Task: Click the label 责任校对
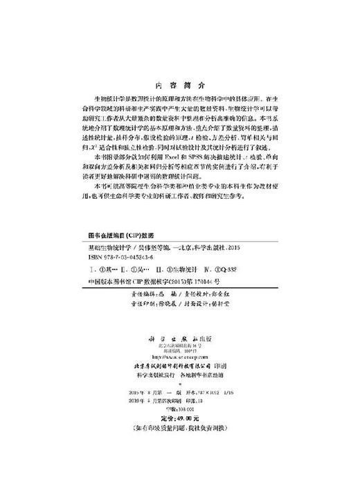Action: point(200,293)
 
